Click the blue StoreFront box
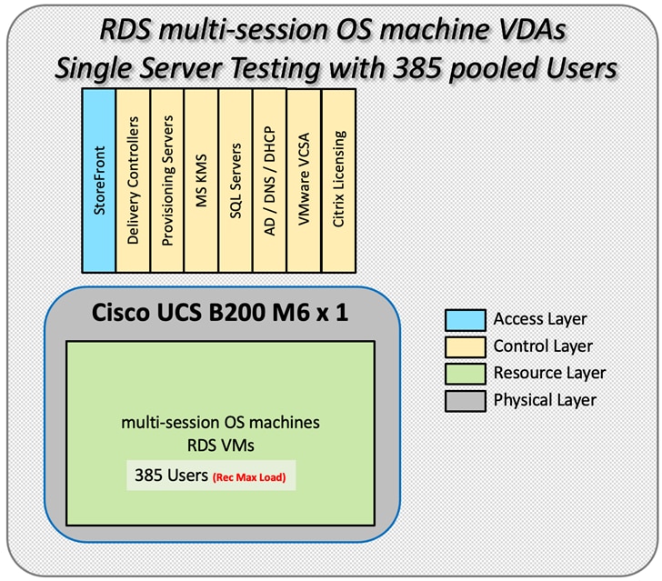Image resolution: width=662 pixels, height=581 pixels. [98, 179]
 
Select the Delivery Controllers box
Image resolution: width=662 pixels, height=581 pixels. [133, 179]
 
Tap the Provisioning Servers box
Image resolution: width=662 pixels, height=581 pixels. [166, 179]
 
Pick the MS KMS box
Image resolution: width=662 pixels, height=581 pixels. [201, 179]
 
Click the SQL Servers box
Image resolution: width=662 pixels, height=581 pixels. [236, 179]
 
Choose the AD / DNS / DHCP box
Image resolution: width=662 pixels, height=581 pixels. [270, 179]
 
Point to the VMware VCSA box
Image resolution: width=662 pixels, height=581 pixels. [304, 179]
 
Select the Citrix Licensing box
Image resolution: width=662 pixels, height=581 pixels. [338, 179]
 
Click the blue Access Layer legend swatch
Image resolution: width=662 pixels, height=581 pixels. [464, 319]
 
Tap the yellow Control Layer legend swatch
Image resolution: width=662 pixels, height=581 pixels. [464, 346]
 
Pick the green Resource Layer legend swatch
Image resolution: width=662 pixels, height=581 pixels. [464, 373]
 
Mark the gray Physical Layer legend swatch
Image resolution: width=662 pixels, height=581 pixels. [464, 399]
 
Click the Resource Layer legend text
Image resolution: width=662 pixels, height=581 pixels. [549, 373]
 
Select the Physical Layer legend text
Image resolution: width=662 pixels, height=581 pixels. [546, 399]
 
